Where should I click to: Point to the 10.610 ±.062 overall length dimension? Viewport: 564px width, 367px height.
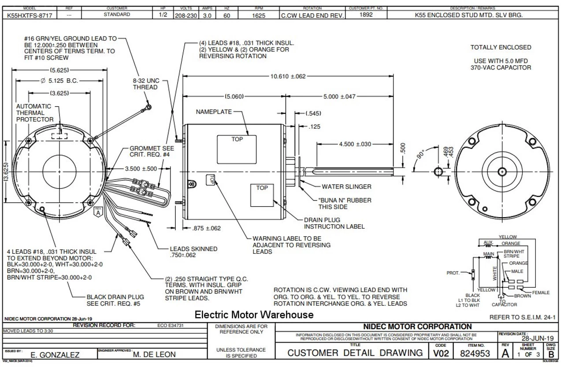(x=287, y=76)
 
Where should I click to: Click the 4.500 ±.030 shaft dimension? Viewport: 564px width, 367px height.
(x=355, y=144)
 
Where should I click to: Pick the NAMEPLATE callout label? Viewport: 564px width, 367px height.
(x=214, y=112)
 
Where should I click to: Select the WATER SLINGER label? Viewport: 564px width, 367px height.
(x=346, y=186)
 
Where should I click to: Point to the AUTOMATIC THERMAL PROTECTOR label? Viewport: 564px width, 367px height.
(x=35, y=113)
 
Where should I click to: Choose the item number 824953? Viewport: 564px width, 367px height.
(x=475, y=353)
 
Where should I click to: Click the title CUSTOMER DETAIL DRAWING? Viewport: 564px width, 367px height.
(x=355, y=353)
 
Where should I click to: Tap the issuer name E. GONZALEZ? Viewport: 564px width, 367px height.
(x=55, y=354)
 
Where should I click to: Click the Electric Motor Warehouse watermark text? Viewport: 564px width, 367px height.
(x=254, y=315)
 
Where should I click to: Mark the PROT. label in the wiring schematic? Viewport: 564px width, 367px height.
(x=453, y=273)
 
